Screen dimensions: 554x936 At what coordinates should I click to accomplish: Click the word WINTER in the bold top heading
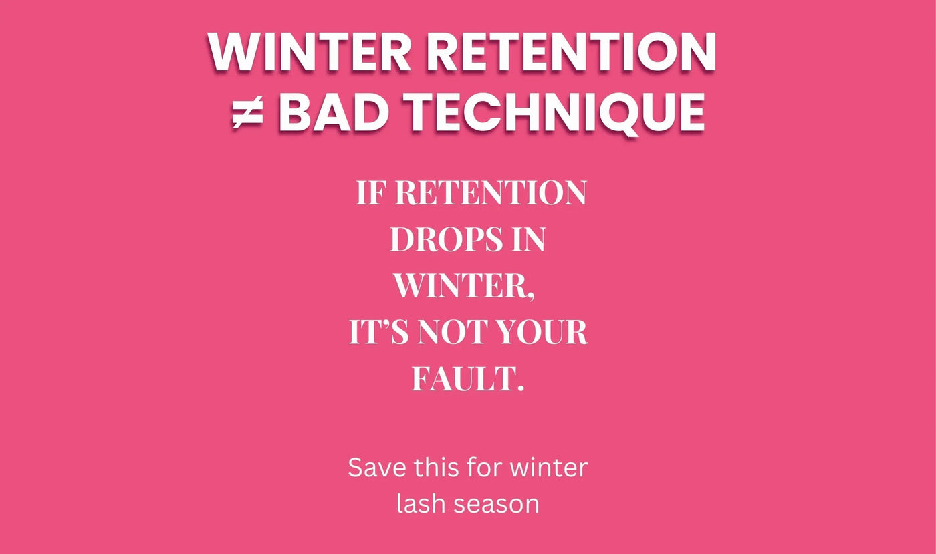[x=308, y=53]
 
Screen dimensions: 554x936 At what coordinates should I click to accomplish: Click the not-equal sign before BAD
[x=247, y=114]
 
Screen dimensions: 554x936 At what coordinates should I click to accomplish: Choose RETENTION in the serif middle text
[x=490, y=194]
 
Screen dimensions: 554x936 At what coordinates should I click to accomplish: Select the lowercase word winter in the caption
[x=549, y=468]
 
